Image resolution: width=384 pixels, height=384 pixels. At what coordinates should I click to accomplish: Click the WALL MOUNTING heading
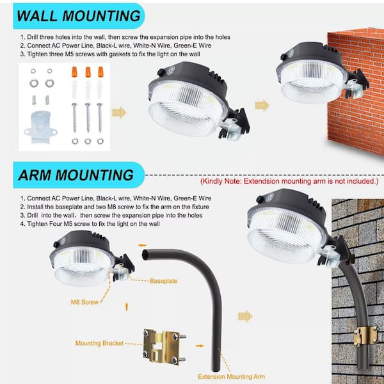coord(79,16)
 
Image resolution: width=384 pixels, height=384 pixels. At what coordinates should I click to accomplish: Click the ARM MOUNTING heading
coord(76,175)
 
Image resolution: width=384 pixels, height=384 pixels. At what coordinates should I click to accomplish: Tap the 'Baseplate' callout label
coord(163,281)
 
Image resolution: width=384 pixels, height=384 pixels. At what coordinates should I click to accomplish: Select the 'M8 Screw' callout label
coord(84,302)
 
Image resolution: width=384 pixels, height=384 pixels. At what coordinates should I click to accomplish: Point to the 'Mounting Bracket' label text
coord(99,343)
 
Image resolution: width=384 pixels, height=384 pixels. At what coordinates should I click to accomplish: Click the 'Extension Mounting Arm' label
coord(231,376)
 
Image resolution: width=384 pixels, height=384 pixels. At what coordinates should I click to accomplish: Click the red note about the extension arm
coord(289,182)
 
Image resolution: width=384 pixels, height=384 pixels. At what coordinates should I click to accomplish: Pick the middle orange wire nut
coord(88,72)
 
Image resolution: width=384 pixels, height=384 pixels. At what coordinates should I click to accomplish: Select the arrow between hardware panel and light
coord(119,113)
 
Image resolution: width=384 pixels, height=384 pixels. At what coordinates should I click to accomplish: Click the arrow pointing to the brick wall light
coord(262,106)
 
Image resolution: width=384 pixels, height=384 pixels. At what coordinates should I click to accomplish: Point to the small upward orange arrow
coord(127,307)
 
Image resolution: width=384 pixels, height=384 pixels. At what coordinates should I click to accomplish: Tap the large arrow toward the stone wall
coord(245,316)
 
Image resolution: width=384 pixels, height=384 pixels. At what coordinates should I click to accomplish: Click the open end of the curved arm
coord(145,255)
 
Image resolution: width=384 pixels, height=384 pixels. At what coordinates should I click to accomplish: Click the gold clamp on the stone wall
coord(365,335)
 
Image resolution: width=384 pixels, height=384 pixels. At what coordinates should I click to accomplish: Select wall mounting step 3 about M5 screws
coord(110,54)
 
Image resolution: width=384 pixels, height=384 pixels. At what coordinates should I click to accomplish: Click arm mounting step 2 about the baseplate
coord(115,207)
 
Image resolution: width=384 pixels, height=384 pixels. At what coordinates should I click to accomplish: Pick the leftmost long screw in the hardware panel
coord(74,118)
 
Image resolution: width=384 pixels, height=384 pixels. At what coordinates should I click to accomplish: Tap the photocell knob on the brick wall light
coord(284,57)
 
